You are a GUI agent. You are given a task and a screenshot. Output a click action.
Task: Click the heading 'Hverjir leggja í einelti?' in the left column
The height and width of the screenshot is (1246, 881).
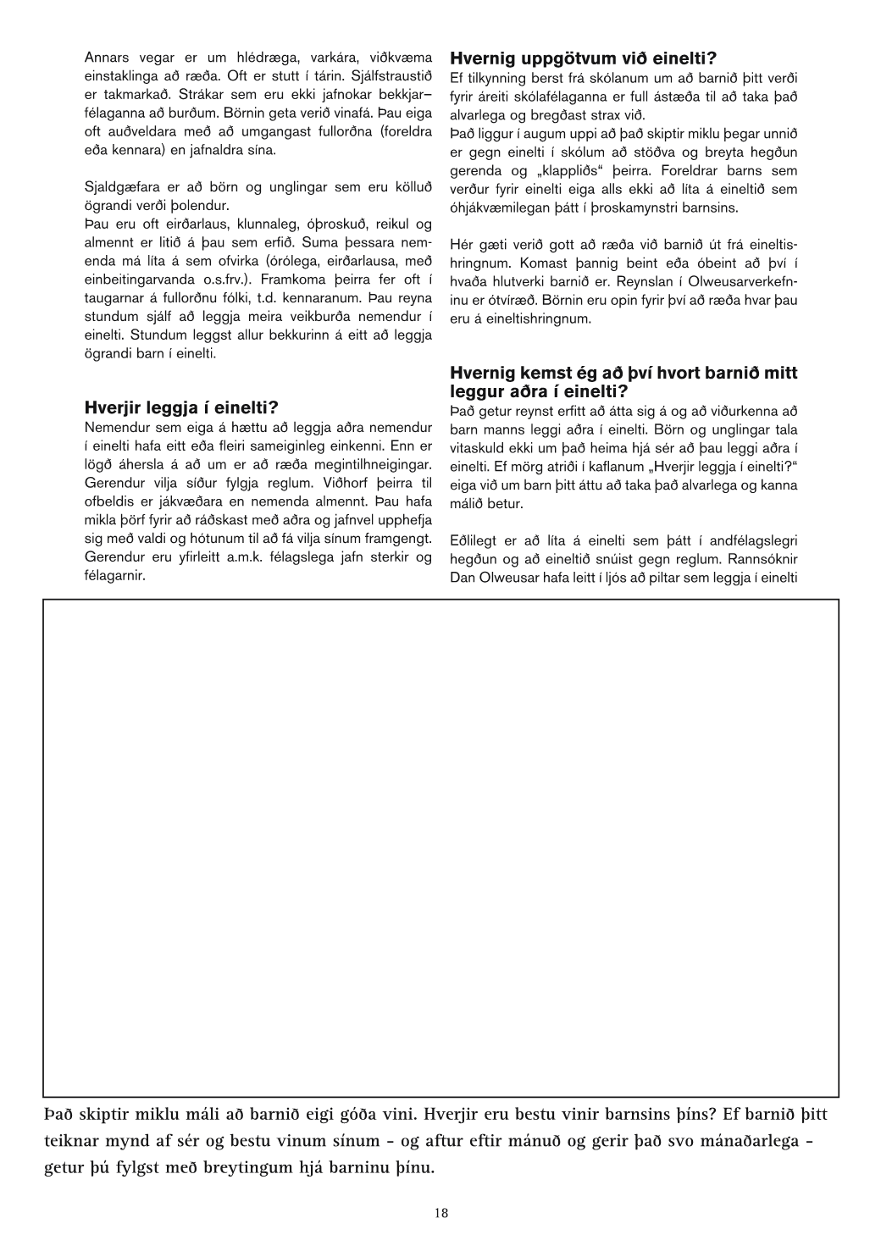pos(181,407)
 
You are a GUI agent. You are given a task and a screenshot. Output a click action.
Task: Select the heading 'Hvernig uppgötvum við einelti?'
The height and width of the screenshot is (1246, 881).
pos(584,58)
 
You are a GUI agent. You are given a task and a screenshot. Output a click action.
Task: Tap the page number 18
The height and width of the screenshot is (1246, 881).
pos(441,1213)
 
